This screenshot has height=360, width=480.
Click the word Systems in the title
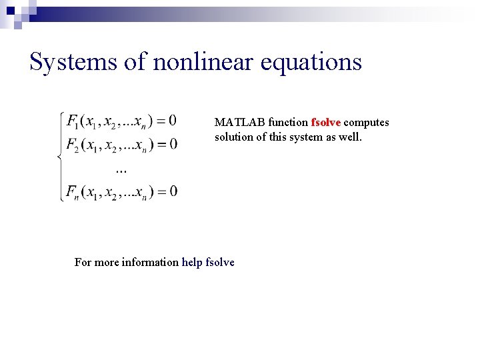point(70,62)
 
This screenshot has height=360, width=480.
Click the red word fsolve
point(325,123)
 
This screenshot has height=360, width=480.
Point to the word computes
point(366,123)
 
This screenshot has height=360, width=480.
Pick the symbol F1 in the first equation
point(72,121)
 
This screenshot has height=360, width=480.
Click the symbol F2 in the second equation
point(73,145)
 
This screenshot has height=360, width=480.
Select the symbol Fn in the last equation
point(73,193)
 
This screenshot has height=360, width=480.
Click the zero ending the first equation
point(173,121)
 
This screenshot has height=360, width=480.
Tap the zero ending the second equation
point(173,144)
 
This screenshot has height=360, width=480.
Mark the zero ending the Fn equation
point(173,192)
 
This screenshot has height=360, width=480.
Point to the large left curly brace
point(60,157)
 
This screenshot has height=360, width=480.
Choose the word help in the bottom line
point(193,263)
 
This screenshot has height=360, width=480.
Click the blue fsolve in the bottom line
point(221,263)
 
